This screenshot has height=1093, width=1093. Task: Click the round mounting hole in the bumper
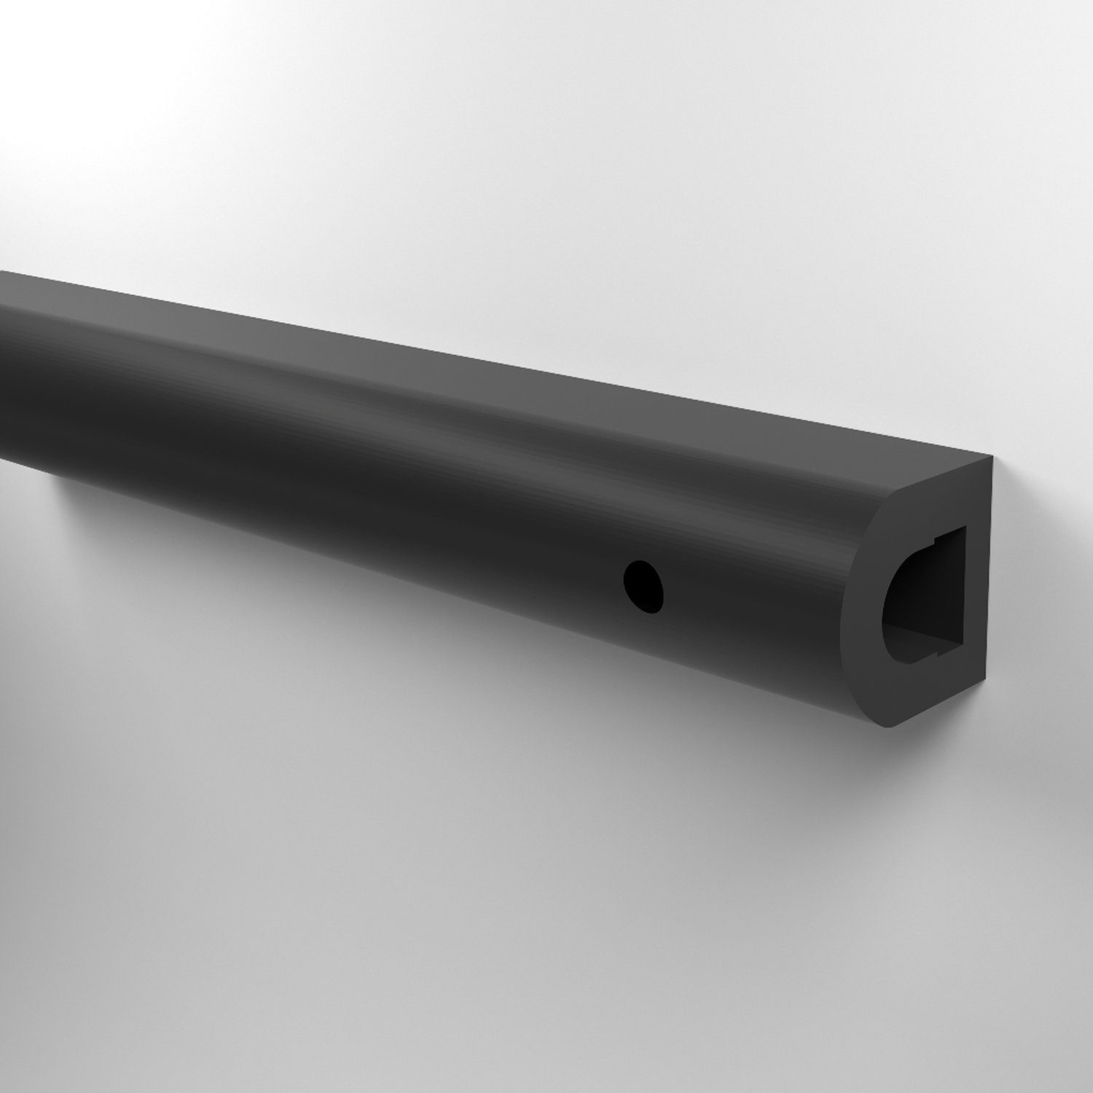tap(644, 585)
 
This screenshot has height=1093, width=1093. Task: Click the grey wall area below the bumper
tap(437, 874)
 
